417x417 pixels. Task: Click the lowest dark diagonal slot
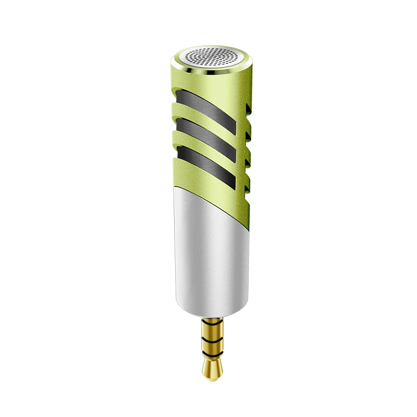pyautogui.click(x=206, y=162)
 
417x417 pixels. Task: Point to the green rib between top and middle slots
pyautogui.click(x=206, y=119)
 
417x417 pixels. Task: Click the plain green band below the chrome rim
pyautogui.click(x=208, y=83)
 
